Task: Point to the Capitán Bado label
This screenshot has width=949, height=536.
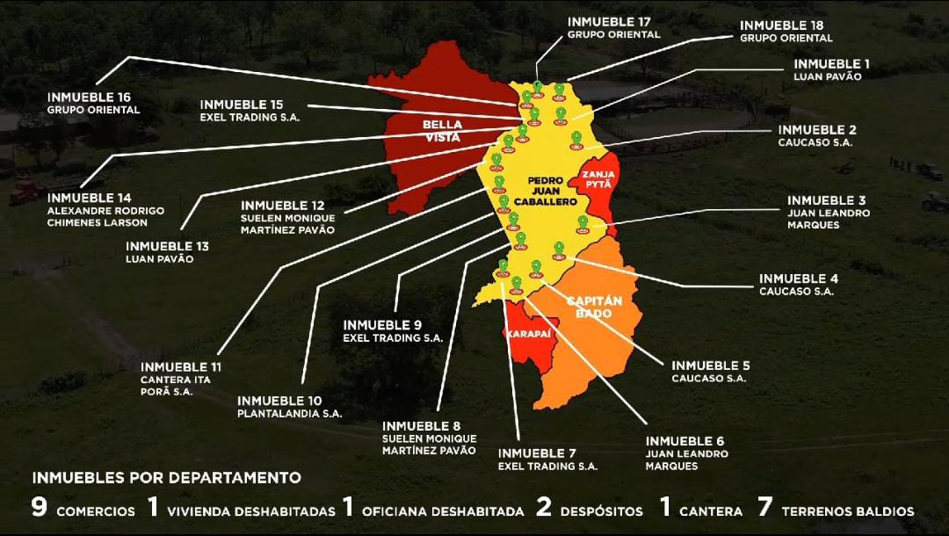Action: point(600,307)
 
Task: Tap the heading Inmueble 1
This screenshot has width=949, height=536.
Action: point(831,63)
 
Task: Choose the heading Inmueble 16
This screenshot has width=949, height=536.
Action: point(90,97)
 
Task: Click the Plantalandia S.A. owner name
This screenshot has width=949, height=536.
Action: point(289,413)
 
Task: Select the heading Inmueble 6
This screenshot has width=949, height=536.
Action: point(685,440)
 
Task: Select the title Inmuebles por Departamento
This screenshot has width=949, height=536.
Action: point(167,478)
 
